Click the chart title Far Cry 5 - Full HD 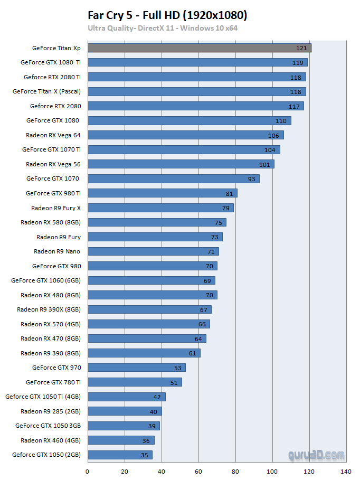(167, 15)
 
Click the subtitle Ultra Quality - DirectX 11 (163, 28)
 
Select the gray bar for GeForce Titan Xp (199, 48)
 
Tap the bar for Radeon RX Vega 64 (185, 135)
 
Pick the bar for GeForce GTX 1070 (173, 178)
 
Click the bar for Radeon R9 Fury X (160, 208)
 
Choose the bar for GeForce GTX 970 (136, 368)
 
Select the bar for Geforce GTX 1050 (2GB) (119, 455)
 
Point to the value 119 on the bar (298, 63)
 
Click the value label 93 (251, 179)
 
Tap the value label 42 (157, 397)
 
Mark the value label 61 (192, 353)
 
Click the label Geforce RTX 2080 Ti (52, 77)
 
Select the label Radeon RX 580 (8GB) (51, 222)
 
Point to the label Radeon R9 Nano (57, 251)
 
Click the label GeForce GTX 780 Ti (53, 382)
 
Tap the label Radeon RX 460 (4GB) (51, 440)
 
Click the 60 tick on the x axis (198, 471)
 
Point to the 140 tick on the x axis (346, 471)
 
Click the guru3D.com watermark (316, 455)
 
